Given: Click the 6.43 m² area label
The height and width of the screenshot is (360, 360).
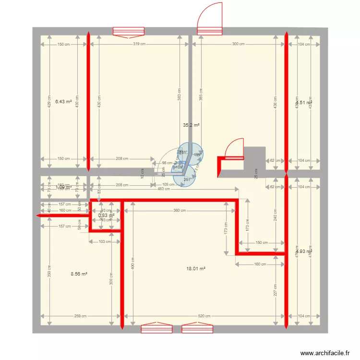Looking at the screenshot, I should [x=63, y=102].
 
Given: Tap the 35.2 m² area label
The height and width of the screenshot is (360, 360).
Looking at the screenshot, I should [x=191, y=125].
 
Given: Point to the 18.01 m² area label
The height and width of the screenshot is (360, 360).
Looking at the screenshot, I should [x=196, y=269].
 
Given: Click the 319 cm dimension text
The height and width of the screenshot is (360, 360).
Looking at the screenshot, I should [x=139, y=44].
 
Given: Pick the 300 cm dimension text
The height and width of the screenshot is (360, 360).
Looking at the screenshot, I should [x=238, y=44].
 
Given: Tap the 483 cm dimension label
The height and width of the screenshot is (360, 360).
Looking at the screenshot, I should [x=164, y=189].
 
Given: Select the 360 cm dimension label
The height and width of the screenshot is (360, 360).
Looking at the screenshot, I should [x=180, y=211].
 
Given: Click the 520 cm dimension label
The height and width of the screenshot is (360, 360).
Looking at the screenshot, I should [x=204, y=316].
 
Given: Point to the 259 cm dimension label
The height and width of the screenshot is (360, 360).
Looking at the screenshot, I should [x=80, y=316].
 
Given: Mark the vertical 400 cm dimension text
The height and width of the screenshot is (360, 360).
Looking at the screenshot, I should [x=133, y=263].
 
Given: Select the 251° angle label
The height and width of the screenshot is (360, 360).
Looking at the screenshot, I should [x=187, y=180].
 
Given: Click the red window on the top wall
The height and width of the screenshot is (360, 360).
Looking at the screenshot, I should [x=128, y=32].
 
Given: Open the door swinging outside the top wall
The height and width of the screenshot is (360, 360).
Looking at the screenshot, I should [x=210, y=19].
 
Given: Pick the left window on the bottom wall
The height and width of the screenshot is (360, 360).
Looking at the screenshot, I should [x=156, y=328].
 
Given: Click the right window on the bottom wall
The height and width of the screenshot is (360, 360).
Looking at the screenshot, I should [x=197, y=328].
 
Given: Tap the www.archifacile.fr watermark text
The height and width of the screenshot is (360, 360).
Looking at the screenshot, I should [x=325, y=353].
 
